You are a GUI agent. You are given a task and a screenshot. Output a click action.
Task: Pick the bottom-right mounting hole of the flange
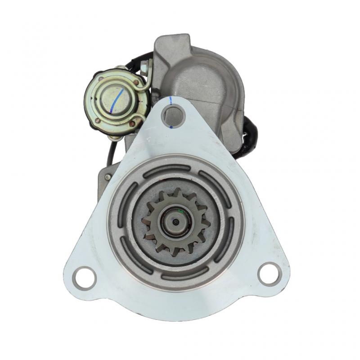pos(269,272)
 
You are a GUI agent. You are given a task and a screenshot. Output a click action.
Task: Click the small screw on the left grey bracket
pos(107,177)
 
